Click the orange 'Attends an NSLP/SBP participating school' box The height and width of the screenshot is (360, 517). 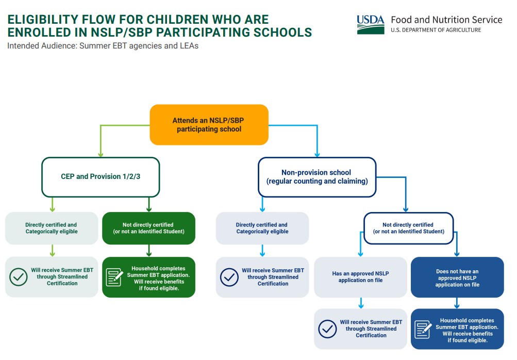pyautogui.click(x=209, y=125)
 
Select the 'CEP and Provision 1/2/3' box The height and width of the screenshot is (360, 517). pyautogui.click(x=101, y=177)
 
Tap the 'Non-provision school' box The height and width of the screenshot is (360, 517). pyautogui.click(x=316, y=177)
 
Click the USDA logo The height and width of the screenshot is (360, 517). pyautogui.click(x=370, y=24)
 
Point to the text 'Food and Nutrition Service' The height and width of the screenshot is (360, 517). pyautogui.click(x=446, y=20)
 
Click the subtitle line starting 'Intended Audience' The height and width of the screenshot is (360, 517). pyautogui.click(x=103, y=46)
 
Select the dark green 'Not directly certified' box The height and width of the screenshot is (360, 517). pyautogui.click(x=148, y=228)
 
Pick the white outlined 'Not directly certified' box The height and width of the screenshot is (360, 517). pyautogui.click(x=408, y=228)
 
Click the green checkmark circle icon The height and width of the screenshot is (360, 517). pyautogui.click(x=19, y=277)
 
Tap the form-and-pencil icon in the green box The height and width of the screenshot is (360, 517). pyautogui.click(x=114, y=277)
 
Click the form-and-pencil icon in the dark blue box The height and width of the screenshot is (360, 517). pyautogui.click(x=423, y=329)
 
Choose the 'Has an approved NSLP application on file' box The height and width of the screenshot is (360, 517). pyautogui.click(x=360, y=277)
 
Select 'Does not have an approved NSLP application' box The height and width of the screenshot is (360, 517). pyautogui.click(x=457, y=277)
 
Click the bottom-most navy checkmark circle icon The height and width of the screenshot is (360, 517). pyautogui.click(x=327, y=329)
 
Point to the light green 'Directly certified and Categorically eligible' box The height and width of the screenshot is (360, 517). pyautogui.click(x=51, y=228)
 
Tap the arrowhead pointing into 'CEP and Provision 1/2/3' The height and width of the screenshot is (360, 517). pyautogui.click(x=101, y=154)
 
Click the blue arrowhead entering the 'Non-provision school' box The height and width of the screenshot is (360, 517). pyautogui.click(x=316, y=154)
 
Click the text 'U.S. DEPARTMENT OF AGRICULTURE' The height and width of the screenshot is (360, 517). pyautogui.click(x=436, y=30)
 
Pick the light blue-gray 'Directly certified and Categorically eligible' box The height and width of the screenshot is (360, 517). pyautogui.click(x=262, y=228)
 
